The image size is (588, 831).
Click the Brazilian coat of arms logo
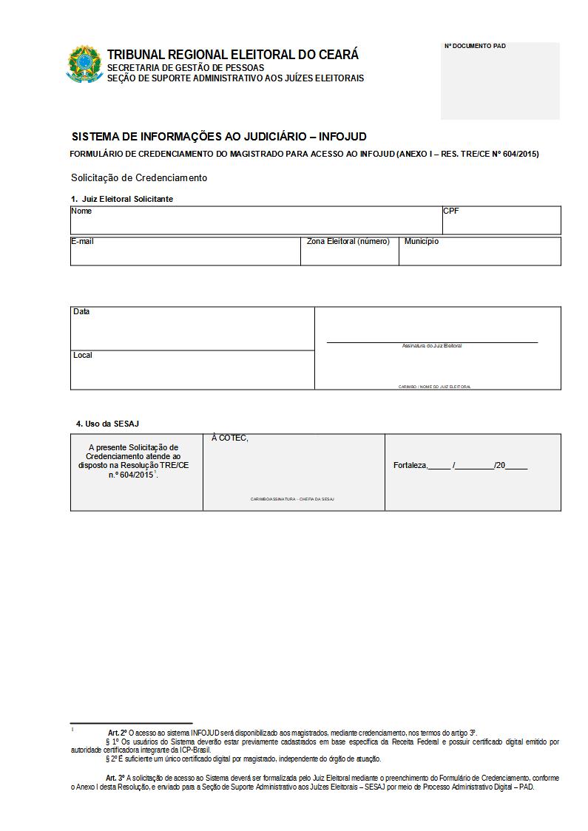tap(84, 64)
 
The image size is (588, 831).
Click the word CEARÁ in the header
tap(339, 55)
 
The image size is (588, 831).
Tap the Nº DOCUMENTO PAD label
tap(475, 46)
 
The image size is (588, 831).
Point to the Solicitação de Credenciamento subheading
tap(139, 178)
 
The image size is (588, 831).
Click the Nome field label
tap(81, 211)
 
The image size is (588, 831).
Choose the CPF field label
tap(451, 211)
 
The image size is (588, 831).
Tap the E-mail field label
tap(82, 242)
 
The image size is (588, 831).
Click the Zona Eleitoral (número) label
tap(348, 242)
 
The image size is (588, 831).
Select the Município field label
tap(422, 242)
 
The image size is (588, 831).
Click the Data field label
tap(81, 312)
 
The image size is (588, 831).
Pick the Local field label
tap(83, 356)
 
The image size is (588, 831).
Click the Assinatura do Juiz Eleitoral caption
tap(432, 346)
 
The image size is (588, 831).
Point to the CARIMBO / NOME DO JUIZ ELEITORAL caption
tap(434, 387)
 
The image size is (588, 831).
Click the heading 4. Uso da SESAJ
tap(107, 424)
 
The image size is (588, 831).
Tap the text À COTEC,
tap(230, 438)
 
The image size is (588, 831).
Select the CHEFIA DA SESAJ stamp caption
tap(317, 500)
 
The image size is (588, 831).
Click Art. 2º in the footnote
tap(118, 732)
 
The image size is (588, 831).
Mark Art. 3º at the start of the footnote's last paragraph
tap(115, 779)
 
